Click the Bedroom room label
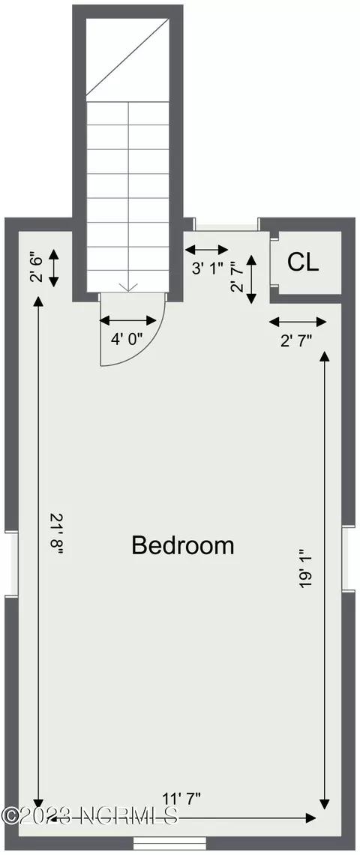point(183,545)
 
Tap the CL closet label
point(303,262)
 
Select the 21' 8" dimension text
point(57,534)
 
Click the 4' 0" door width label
point(127,339)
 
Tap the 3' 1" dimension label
point(206,268)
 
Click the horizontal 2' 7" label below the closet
point(296,340)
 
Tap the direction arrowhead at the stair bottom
point(127,286)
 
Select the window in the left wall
point(11,564)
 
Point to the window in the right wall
point(349,559)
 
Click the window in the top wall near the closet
point(226,225)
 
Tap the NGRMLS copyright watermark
point(90,816)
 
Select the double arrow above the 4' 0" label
point(128,320)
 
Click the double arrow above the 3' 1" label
point(207,250)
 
